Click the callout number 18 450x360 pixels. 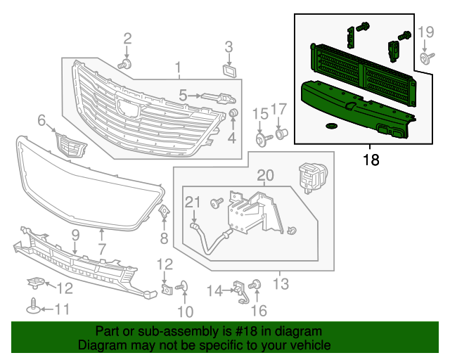coord(371,160)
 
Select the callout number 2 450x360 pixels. coord(127,38)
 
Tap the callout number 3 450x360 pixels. coord(229,47)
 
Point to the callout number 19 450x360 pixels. coord(427,32)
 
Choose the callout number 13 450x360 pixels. coord(281,284)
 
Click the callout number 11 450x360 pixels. coord(63,309)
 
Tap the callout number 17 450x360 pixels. coord(279,109)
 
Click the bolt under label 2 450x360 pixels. coord(125,64)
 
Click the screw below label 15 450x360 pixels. coord(262,140)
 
